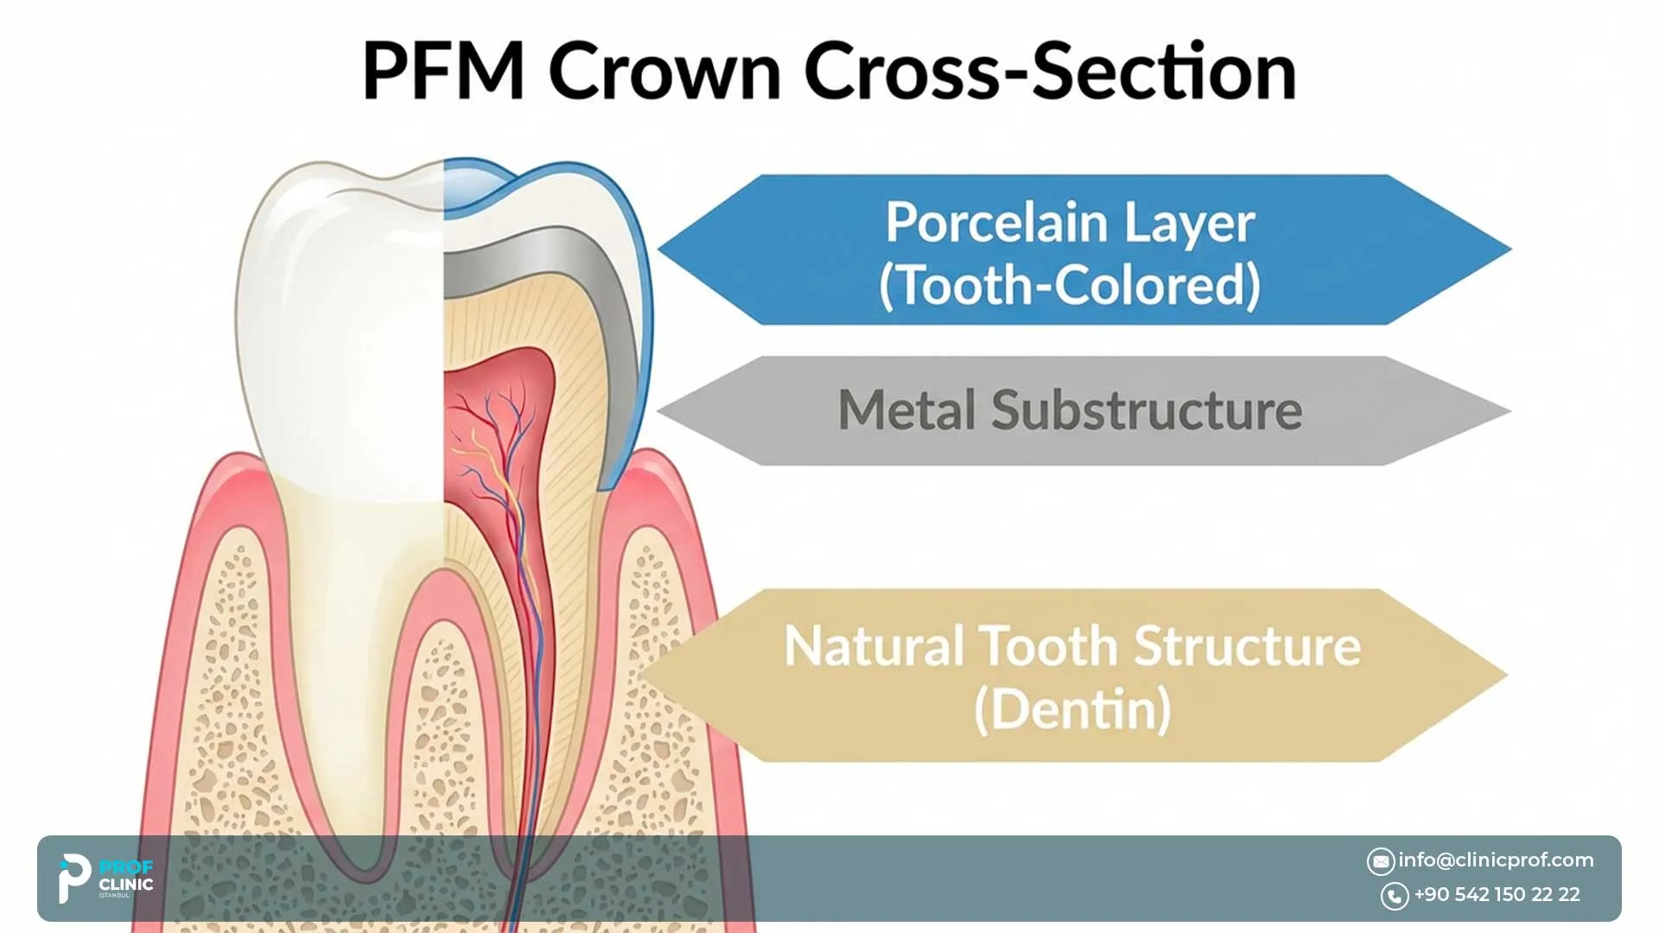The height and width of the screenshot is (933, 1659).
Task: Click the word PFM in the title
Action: (x=443, y=72)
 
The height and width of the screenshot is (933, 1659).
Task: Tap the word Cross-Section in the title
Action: (x=1050, y=72)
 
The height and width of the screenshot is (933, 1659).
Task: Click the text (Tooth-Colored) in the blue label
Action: (x=1070, y=285)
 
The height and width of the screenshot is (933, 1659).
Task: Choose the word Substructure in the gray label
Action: (x=1147, y=410)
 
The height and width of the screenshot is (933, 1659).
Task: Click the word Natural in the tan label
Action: (x=873, y=646)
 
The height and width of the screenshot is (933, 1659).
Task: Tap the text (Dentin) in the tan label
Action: (x=1072, y=710)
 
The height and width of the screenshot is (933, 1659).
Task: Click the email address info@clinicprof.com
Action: (x=1496, y=860)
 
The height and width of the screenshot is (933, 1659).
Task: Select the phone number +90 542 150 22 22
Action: (x=1497, y=895)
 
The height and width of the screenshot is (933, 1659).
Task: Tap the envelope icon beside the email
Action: (x=1381, y=861)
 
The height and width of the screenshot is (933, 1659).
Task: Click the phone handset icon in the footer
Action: (x=1395, y=896)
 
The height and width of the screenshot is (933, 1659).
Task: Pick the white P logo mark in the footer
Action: (x=73, y=877)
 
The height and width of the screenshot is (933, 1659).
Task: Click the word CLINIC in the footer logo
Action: (x=126, y=885)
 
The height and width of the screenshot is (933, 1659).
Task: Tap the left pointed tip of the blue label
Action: (x=661, y=250)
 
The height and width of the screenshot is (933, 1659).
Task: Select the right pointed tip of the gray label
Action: (x=1509, y=411)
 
